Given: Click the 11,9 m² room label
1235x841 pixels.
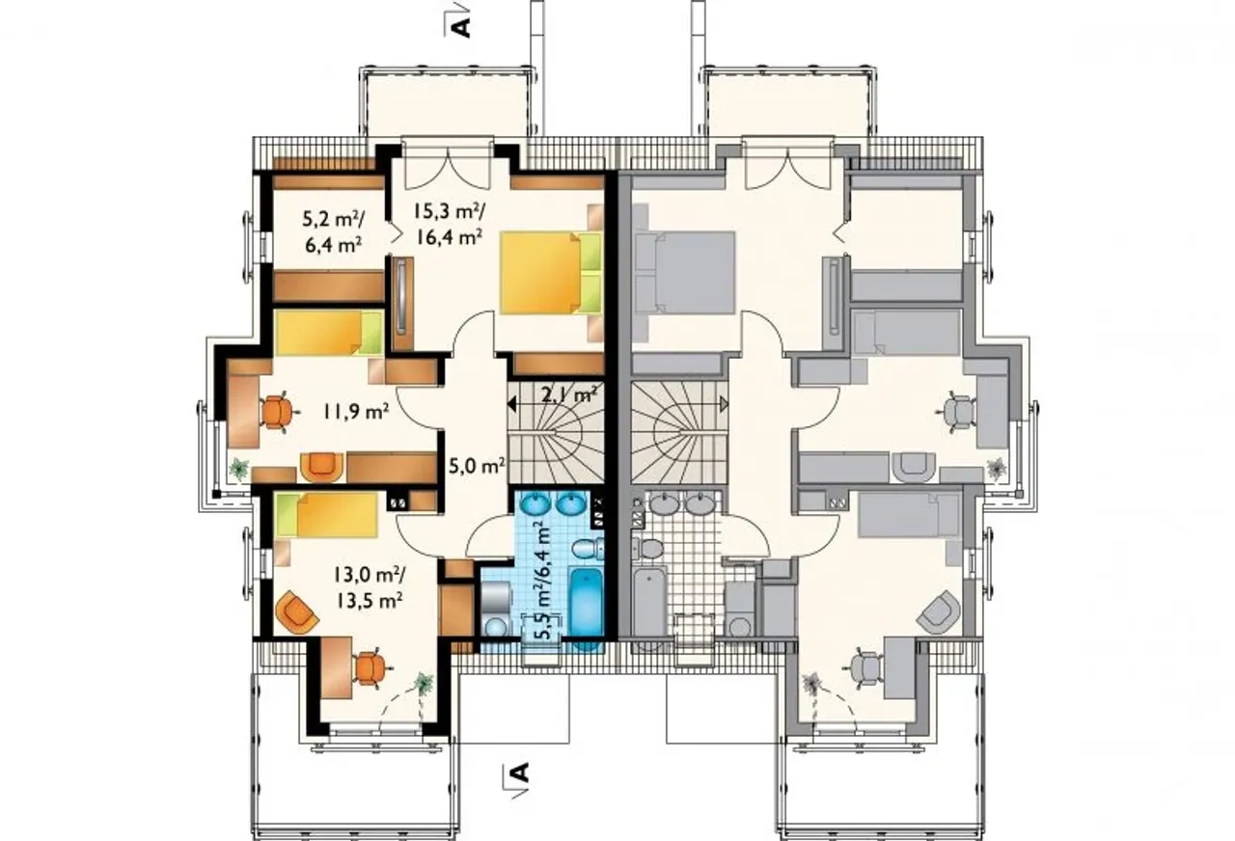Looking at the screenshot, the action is pos(355,411).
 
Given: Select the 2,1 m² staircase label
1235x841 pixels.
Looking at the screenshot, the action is pos(569,394).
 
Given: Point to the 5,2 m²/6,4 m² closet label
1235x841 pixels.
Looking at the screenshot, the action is pos(333,231).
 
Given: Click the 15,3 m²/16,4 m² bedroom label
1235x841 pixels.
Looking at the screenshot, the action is pos(450,224).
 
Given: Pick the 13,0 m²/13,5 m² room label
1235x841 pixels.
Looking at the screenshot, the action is pos(369,587).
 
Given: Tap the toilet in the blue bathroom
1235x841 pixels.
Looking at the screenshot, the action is pos(588,549).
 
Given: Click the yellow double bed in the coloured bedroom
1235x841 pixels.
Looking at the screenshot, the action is pos(549,273).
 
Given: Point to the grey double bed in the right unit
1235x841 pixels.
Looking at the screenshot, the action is pos(685,273).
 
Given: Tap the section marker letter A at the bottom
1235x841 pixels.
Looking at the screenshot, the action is pos(519,773).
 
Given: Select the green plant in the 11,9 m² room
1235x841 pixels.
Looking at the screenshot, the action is pos(238,468).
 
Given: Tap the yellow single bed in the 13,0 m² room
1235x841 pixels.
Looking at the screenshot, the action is pos(326,515).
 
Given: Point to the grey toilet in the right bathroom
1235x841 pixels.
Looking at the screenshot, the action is pos(648,549).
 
